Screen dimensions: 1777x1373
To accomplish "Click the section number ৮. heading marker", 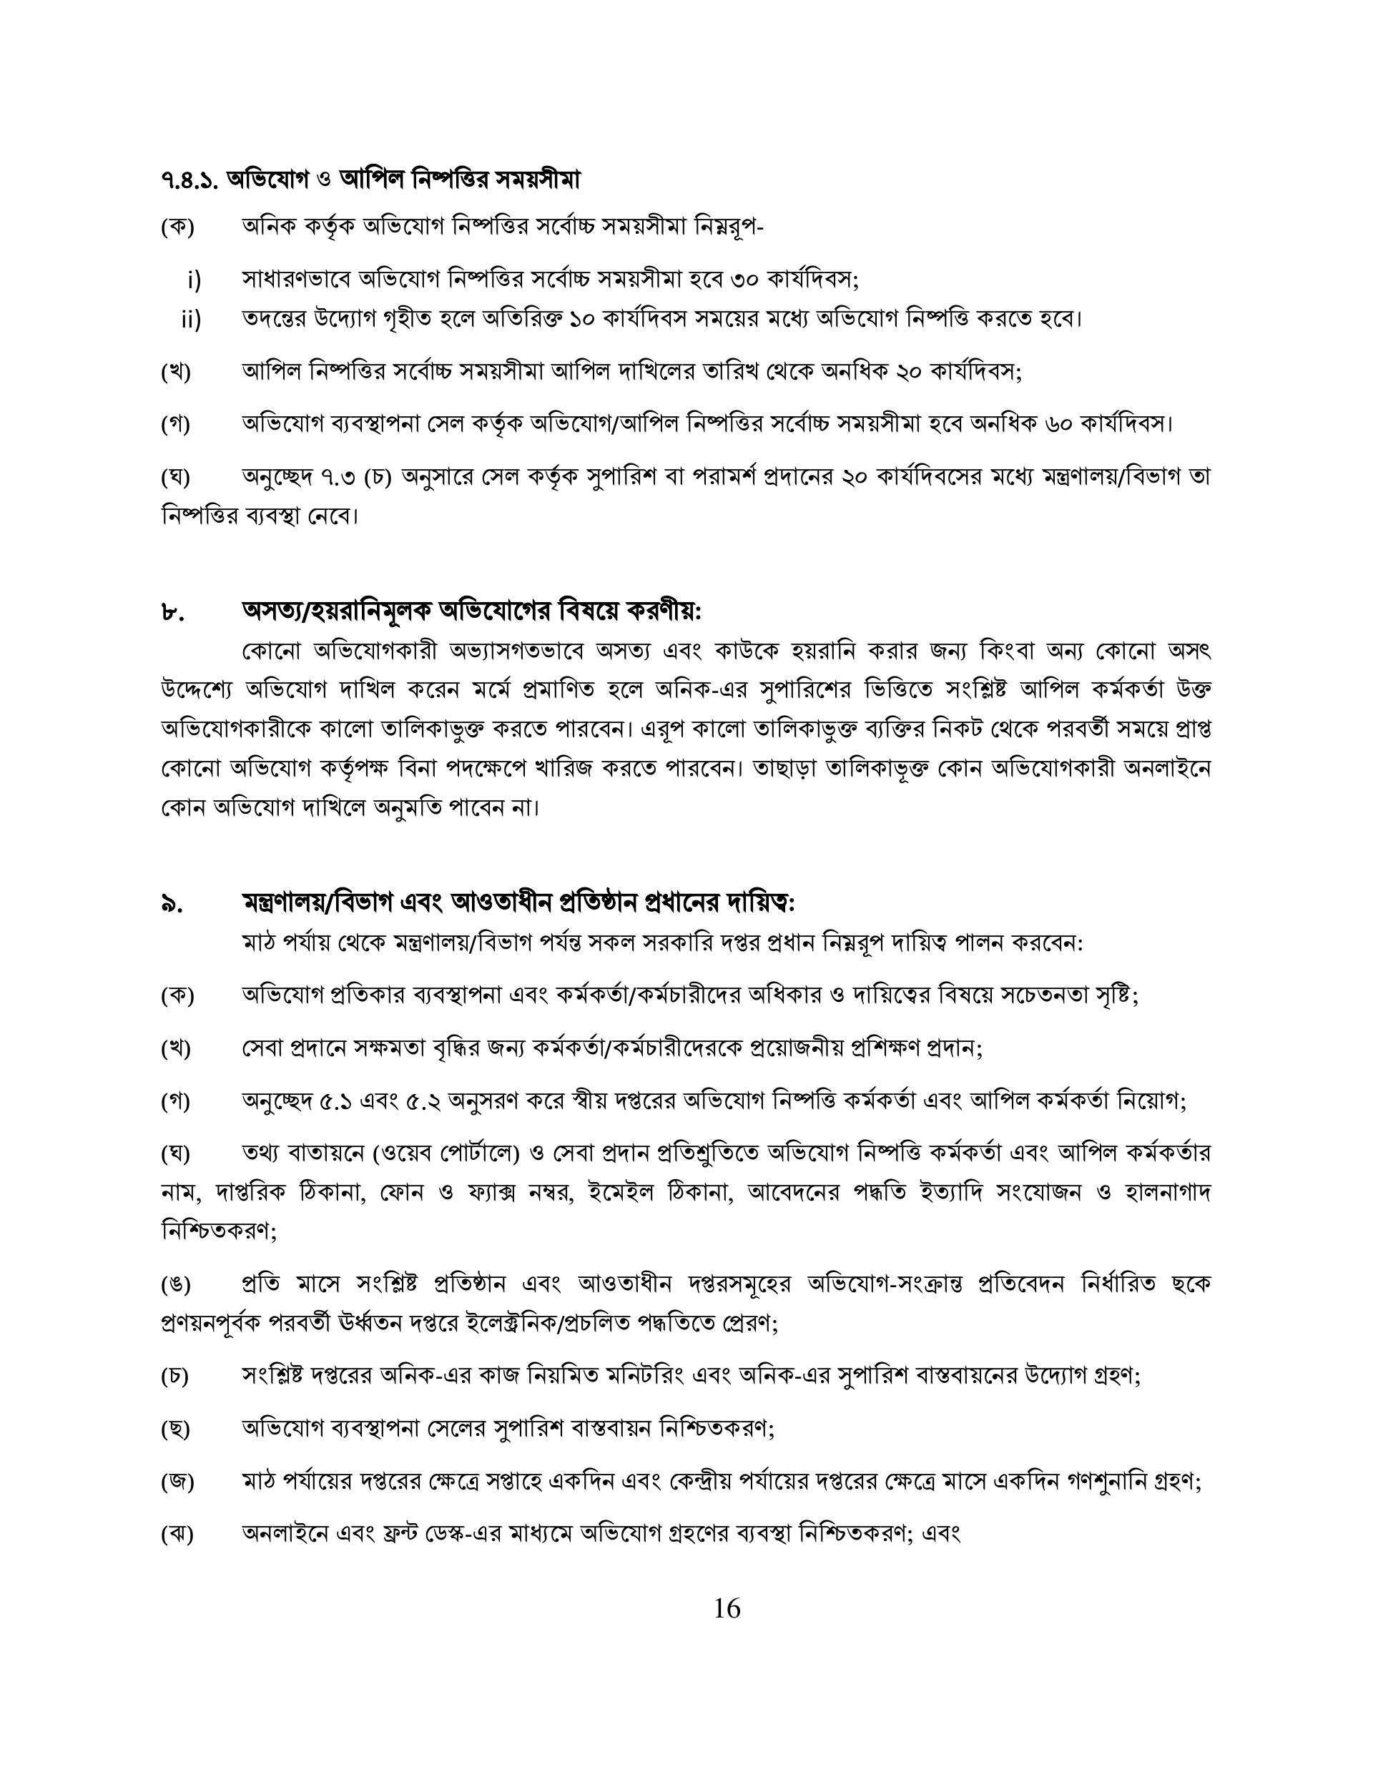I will pyautogui.click(x=172, y=613).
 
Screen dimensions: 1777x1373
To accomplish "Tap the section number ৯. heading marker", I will pyautogui.click(x=172, y=904).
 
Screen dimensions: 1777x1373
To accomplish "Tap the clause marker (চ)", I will pyautogui.click(x=175, y=1376).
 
